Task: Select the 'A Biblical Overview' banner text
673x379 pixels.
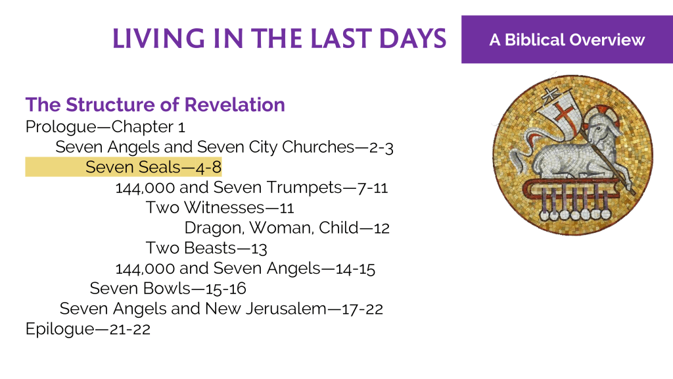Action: pyautogui.click(x=567, y=39)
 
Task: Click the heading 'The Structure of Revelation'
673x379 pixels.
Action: pyautogui.click(x=155, y=105)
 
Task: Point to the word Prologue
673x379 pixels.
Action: pyautogui.click(x=61, y=127)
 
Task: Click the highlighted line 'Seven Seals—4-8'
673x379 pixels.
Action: pyautogui.click(x=153, y=166)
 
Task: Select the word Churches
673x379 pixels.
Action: pyautogui.click(x=318, y=147)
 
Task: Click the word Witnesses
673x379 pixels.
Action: pyautogui.click(x=224, y=207)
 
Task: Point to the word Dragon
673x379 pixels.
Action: pyautogui.click(x=214, y=228)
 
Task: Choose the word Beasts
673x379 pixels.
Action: pyautogui.click(x=210, y=248)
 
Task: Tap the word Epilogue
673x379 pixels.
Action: pyautogui.click(x=60, y=329)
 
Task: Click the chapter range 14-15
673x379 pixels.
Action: pyautogui.click(x=356, y=268)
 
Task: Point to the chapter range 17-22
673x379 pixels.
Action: pyautogui.click(x=362, y=309)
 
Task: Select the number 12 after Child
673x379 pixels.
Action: pyautogui.click(x=382, y=228)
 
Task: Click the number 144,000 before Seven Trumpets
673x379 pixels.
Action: pyautogui.click(x=145, y=188)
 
